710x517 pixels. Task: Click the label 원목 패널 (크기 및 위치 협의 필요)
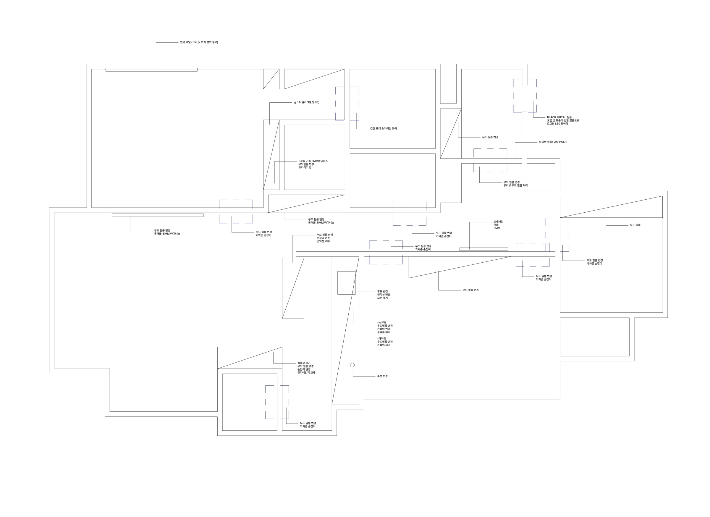click(x=199, y=42)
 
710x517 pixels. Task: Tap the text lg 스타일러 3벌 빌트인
click(x=306, y=102)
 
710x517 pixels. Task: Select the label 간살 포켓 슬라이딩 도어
click(x=383, y=129)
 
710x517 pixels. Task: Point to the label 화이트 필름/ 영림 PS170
click(x=553, y=142)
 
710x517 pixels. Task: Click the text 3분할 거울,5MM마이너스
click(x=313, y=161)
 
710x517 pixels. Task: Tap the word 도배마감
click(x=498, y=222)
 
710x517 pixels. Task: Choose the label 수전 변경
click(x=382, y=376)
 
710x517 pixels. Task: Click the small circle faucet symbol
click(x=352, y=365)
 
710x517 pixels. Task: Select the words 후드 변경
click(x=382, y=292)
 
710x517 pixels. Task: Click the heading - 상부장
click(x=382, y=323)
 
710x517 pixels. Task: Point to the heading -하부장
click(x=381, y=339)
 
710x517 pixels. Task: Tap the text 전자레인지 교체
click(x=306, y=373)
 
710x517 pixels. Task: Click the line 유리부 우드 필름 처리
click(x=515, y=186)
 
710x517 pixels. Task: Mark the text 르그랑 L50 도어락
click(x=557, y=124)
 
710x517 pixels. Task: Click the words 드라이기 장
click(x=305, y=167)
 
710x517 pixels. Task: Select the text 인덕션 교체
click(x=323, y=241)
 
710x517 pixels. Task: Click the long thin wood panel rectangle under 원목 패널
click(x=151, y=70)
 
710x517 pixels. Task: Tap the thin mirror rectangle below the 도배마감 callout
click(x=484, y=249)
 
